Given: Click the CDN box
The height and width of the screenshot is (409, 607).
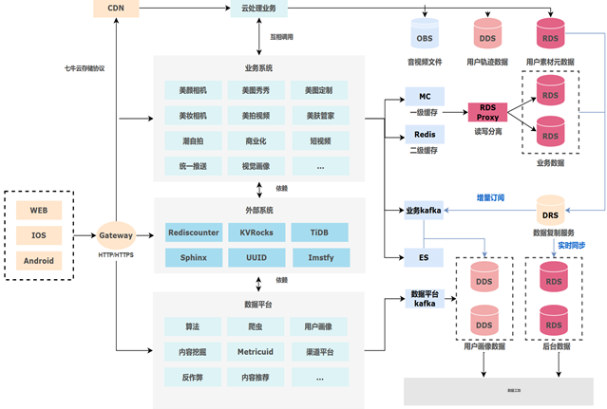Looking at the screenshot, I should point(116,9).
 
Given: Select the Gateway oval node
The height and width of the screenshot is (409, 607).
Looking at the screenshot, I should point(116,232).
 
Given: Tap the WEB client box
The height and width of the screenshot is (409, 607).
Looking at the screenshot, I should point(39,208).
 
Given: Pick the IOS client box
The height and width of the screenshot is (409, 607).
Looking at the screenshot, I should point(39,233).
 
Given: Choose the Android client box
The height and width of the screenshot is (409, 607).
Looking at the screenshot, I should point(39,260).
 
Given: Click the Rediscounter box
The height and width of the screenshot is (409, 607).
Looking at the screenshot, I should point(194,232).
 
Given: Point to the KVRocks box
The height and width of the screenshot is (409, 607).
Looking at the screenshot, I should point(256,232).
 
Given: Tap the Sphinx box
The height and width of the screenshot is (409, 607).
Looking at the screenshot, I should point(194,257).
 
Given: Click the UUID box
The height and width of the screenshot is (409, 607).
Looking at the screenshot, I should point(256,257).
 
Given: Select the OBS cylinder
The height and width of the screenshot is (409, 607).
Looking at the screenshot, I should point(425,37).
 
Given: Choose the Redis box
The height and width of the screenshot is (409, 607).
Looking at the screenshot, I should point(425,134).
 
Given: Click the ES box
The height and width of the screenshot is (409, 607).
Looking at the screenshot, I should point(425,256).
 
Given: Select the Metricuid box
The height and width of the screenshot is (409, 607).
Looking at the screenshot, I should point(256,351).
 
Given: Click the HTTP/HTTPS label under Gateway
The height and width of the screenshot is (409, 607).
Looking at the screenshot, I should point(116,253).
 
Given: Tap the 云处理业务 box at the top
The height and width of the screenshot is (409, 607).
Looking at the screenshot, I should point(259,9).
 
